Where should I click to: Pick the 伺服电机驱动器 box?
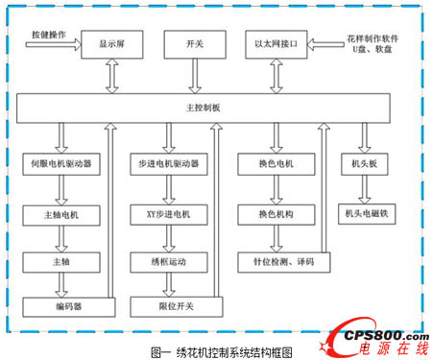tap(60, 164)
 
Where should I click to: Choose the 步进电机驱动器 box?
tap(168, 164)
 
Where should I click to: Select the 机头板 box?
tap(364, 164)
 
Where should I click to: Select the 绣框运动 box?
tap(168, 258)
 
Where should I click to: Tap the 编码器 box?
tap(60, 305)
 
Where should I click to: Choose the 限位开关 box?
tap(168, 305)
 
